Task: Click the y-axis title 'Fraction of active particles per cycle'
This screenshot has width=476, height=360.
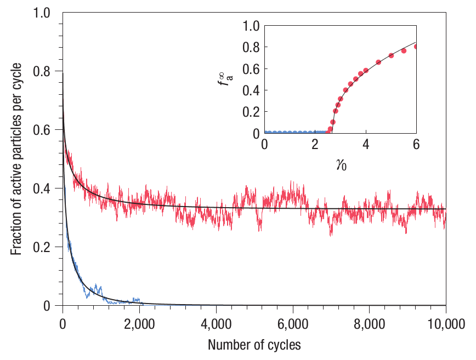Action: [18, 159]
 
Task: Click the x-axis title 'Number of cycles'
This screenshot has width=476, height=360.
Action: [254, 345]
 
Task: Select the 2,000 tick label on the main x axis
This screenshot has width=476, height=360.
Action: [139, 323]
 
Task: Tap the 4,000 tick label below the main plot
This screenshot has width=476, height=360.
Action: [216, 323]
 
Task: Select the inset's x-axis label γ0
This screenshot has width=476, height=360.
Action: [340, 164]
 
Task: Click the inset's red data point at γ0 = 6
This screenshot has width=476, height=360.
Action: [416, 47]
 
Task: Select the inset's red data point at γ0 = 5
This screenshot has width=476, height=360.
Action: [391, 55]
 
